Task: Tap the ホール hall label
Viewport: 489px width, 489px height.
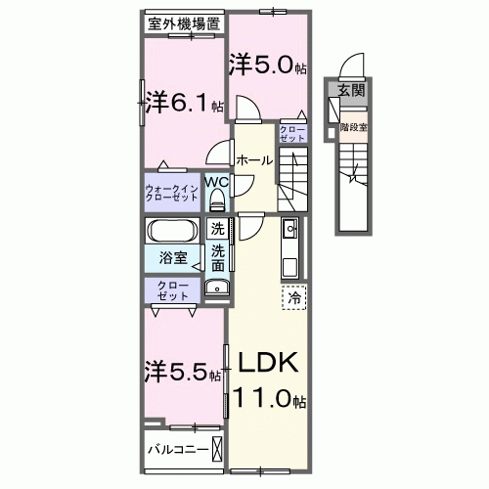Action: click(253, 159)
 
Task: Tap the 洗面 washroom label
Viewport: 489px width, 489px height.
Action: click(217, 257)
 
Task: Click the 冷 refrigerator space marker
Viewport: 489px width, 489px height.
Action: click(294, 294)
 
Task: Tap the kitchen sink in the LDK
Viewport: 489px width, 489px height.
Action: click(289, 231)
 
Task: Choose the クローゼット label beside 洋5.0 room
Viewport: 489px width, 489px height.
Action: click(291, 134)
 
